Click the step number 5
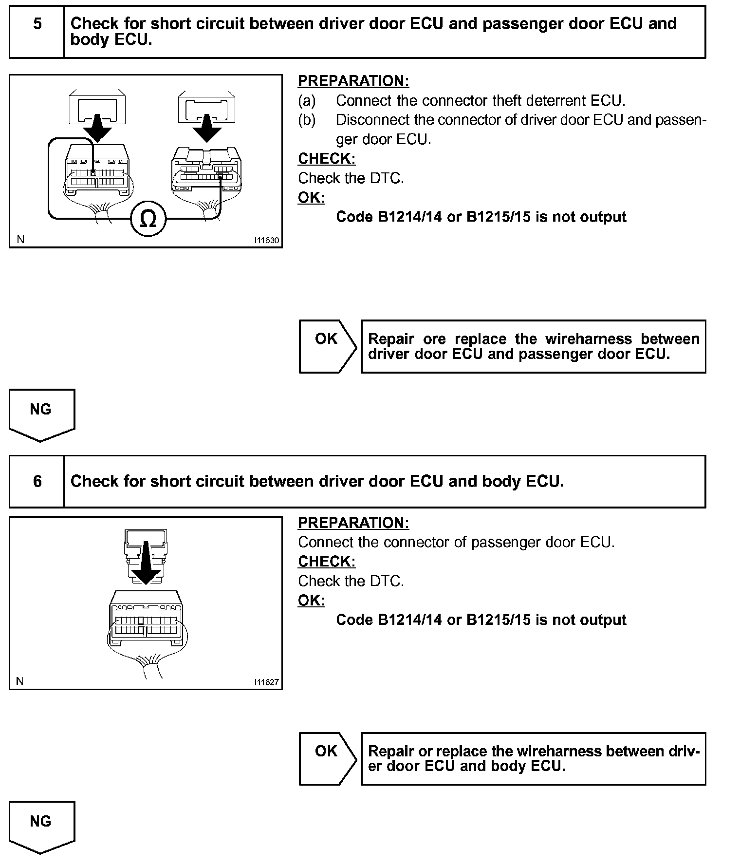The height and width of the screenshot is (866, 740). tap(37, 23)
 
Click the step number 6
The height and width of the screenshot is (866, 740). tap(37, 481)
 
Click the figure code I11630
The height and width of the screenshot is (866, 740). tap(266, 240)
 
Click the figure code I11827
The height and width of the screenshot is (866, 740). tap(266, 682)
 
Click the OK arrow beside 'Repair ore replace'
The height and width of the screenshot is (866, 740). tap(327, 346)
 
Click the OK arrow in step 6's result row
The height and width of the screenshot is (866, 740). tap(327, 758)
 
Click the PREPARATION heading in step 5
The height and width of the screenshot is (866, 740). tap(353, 81)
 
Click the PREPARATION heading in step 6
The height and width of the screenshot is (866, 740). tap(353, 523)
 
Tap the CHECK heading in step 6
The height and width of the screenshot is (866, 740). tap(327, 562)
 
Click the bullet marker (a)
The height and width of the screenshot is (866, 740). tap(307, 101)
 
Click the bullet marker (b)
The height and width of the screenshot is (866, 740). tap(307, 120)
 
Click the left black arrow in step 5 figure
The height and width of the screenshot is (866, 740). tap(97, 128)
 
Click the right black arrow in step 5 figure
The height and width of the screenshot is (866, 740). tap(206, 128)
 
